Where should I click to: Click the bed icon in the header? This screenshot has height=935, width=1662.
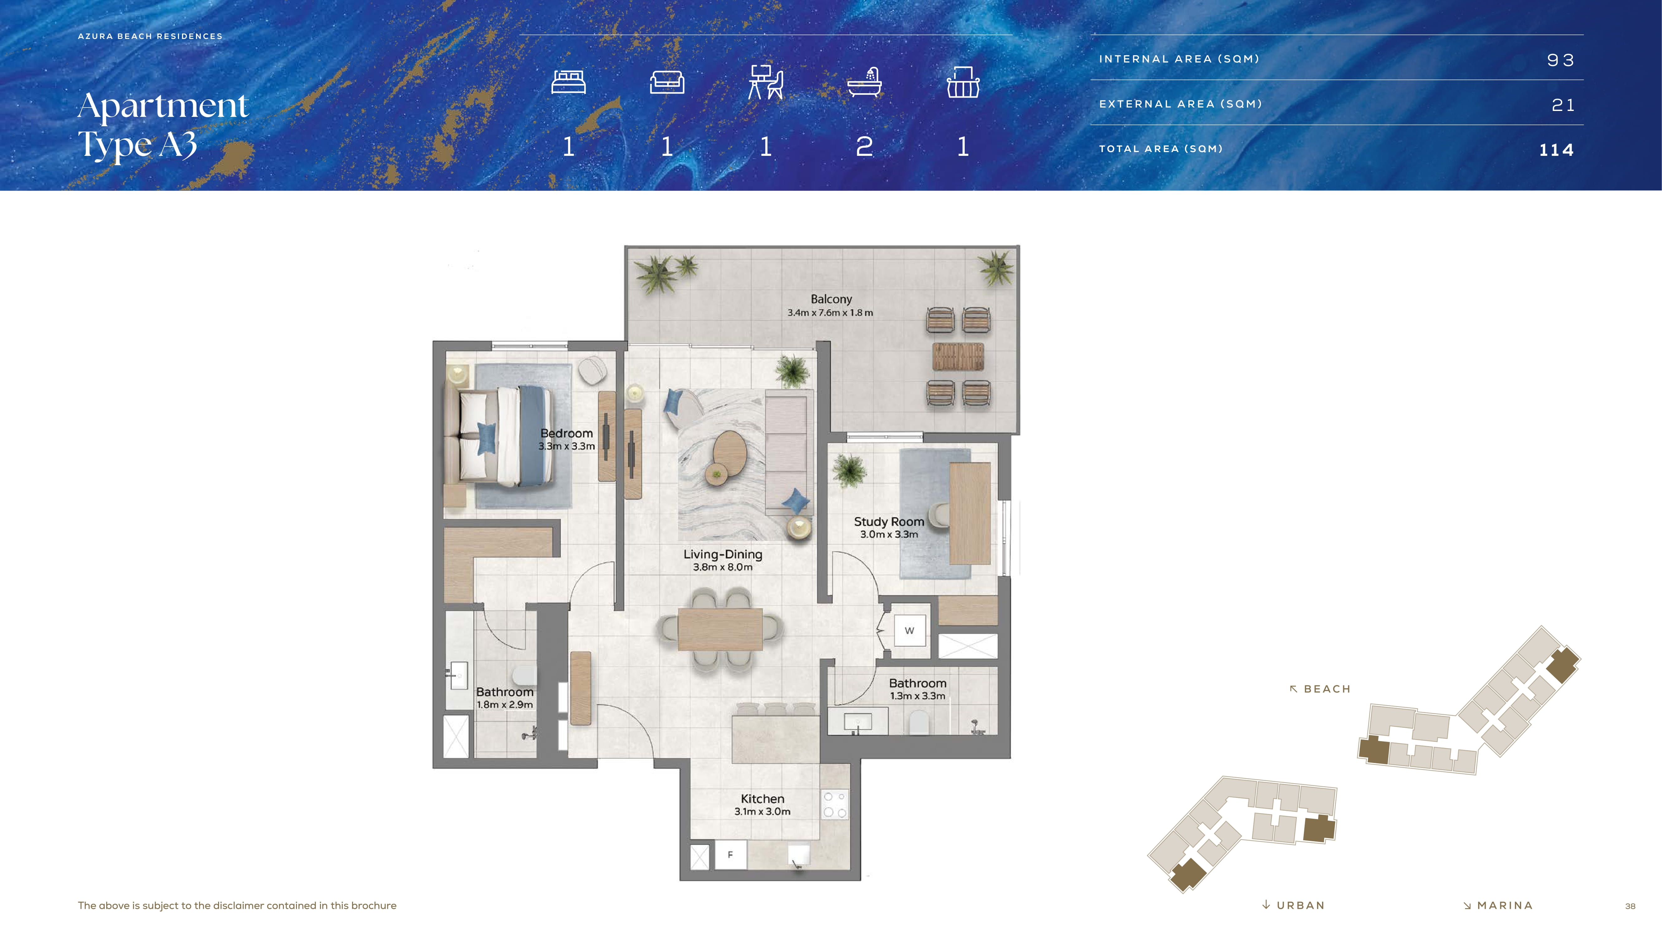(x=568, y=82)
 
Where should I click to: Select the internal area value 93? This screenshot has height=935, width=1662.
(x=1561, y=60)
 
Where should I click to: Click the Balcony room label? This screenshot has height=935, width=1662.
(x=831, y=299)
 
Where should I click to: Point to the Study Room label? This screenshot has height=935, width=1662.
(x=889, y=521)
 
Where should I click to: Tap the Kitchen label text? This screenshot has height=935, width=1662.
(x=763, y=799)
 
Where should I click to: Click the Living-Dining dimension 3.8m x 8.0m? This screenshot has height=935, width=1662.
(x=723, y=567)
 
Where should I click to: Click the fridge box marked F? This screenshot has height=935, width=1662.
(x=730, y=855)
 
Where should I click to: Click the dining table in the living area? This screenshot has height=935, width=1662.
(x=720, y=629)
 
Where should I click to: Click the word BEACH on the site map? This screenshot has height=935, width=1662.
(x=1327, y=689)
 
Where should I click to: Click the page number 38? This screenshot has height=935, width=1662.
(x=1631, y=906)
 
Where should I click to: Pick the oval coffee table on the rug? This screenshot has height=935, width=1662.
(x=730, y=454)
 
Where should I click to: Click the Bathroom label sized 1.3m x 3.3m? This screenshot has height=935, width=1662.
(x=917, y=688)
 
